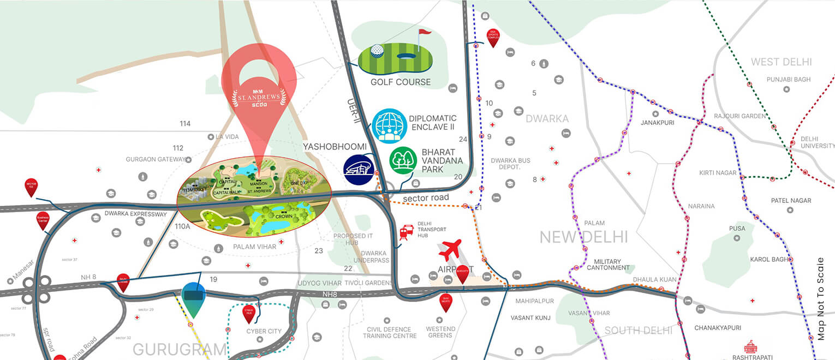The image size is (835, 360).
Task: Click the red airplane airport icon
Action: click(450, 249)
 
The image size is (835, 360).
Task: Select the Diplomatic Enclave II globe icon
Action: click(390, 126)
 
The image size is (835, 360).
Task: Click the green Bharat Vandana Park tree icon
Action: click(403, 160)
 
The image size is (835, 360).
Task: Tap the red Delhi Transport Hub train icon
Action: click(406, 232)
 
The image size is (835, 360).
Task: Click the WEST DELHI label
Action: click(781, 62)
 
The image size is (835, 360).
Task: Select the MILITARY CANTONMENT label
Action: click(608, 265)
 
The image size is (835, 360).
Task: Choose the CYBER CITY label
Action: click(264, 331)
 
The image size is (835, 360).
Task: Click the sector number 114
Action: click(185, 124)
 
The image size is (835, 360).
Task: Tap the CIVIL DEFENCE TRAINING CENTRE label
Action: click(390, 332)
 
